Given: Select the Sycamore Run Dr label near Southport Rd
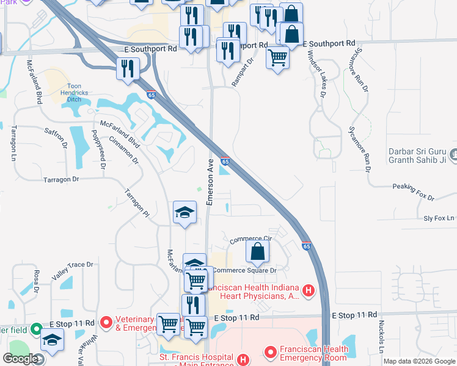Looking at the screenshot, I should tap(360, 70).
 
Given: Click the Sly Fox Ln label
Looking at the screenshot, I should tap(439, 218).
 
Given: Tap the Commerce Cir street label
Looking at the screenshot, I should tap(250, 239).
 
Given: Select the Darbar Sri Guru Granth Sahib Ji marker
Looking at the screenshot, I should tap(453, 156).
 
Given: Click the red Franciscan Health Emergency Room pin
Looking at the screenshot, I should tap(269, 352).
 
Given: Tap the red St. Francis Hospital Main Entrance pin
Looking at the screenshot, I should tap(244, 360).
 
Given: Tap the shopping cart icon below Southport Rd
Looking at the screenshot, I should tap(278, 57).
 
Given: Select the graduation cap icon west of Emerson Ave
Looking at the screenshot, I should tap(185, 212).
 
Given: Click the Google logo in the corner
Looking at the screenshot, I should tap(20, 359).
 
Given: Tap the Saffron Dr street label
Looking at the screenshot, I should tap(56, 137).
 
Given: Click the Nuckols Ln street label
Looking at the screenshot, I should tap(381, 337).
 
